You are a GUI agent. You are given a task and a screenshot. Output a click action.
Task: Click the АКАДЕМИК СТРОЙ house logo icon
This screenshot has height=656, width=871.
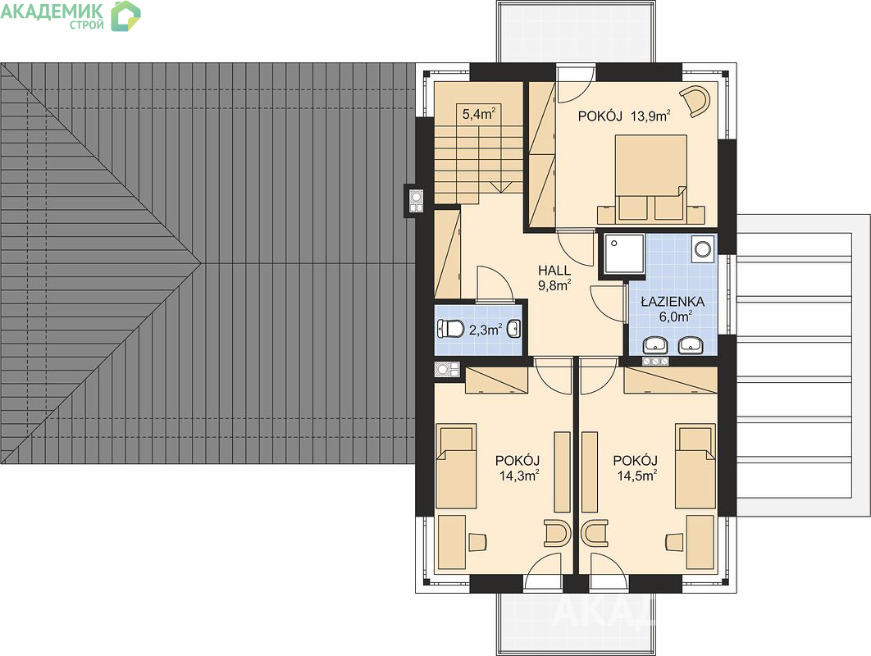pyautogui.click(x=125, y=16)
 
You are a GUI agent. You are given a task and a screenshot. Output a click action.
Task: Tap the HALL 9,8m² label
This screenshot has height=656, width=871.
pyautogui.click(x=554, y=278)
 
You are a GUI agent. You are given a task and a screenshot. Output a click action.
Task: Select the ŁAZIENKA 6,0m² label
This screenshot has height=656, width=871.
pyautogui.click(x=673, y=309)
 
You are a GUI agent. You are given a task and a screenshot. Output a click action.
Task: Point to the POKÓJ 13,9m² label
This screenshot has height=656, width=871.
pyautogui.click(x=624, y=116)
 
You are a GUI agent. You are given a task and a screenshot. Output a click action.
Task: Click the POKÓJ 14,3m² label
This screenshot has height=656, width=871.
pyautogui.click(x=518, y=468)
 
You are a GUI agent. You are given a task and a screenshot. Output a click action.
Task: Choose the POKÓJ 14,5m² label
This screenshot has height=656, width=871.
pyautogui.click(x=636, y=468)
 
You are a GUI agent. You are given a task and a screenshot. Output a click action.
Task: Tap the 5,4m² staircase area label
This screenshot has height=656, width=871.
pyautogui.click(x=479, y=115)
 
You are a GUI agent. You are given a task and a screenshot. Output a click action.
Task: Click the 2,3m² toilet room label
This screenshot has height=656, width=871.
pyautogui.click(x=486, y=330)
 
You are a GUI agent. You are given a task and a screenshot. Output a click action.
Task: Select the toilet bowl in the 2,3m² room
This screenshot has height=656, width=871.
pyautogui.click(x=450, y=329)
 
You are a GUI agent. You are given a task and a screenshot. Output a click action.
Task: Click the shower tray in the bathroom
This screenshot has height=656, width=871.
pyautogui.click(x=624, y=254)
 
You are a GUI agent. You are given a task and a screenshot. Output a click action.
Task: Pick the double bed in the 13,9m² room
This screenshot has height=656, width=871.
pyautogui.click(x=651, y=177)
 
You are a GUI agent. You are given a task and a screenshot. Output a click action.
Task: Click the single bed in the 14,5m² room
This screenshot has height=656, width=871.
pyautogui.click(x=695, y=467)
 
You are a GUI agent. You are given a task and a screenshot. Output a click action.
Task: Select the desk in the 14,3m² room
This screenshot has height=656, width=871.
pyautogui.click(x=452, y=541)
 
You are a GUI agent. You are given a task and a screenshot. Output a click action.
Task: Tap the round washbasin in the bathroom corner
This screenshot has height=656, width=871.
pyautogui.click(x=703, y=248)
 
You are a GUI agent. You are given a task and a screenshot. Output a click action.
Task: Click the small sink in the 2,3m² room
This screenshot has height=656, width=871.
pyautogui.click(x=513, y=329)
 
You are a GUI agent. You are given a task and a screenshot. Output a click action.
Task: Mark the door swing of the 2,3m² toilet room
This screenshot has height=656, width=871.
pyautogui.click(x=495, y=283)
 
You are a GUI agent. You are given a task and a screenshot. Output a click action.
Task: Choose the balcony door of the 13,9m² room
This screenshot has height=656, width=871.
pyautogui.click(x=576, y=84)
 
